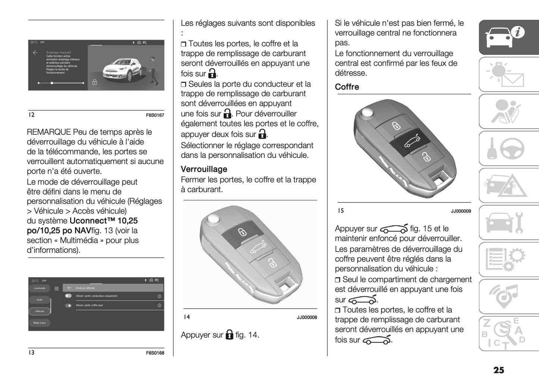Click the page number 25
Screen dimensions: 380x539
498,370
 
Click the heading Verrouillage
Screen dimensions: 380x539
204,169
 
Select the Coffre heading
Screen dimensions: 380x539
347,87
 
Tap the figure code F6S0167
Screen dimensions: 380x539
155,115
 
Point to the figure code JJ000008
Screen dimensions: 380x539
307,318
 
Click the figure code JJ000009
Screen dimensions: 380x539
461,211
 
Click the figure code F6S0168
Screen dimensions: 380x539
155,353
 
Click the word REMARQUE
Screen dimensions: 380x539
49,132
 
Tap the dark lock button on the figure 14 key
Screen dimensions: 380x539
241,233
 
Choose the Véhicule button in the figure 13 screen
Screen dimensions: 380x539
40,311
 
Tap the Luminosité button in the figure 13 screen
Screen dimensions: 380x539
40,288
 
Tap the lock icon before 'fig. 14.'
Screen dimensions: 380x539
229,334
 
